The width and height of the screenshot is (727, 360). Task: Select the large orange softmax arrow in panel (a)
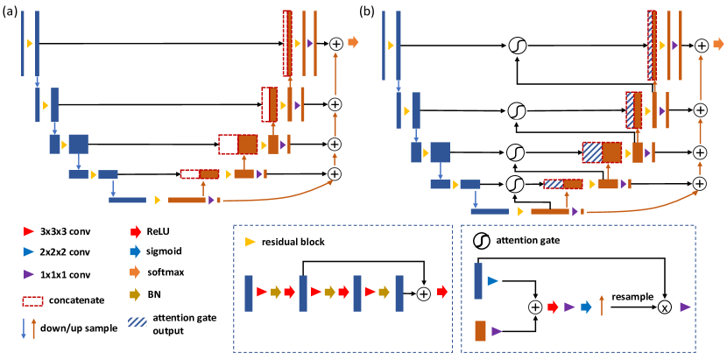click(x=352, y=42)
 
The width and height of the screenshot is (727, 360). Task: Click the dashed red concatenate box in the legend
click(x=32, y=300)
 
